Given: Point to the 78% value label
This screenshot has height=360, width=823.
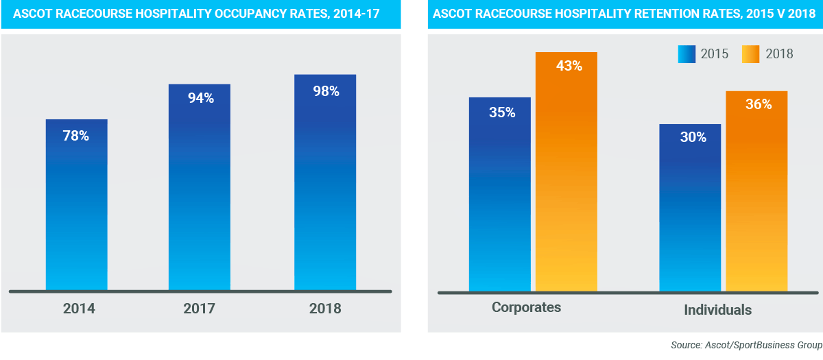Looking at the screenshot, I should tap(76, 136).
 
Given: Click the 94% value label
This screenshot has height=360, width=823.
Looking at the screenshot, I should tap(201, 98).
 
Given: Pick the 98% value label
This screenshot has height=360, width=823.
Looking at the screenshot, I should tap(326, 91).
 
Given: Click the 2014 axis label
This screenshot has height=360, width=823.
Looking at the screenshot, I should tap(79, 309).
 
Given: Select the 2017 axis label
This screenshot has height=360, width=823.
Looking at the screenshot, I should tap(200, 309).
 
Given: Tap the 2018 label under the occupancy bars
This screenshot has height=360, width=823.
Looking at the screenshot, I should tap(324, 309).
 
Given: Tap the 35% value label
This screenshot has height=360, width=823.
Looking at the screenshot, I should tap(502, 112).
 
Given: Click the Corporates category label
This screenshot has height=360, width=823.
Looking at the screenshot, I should tap(526, 307).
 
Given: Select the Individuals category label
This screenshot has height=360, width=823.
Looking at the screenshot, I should tap(717, 310).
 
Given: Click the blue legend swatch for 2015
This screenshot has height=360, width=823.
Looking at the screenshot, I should tap(687, 54).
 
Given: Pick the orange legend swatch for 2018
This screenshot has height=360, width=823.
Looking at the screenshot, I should tap(751, 54).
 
